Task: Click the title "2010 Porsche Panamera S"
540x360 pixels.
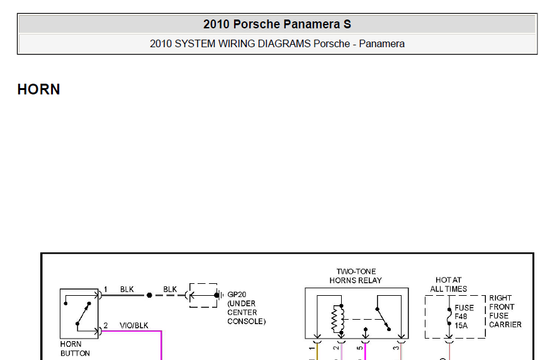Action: pos(277,24)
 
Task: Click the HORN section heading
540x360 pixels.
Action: pos(38,89)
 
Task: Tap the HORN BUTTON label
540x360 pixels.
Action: pos(75,349)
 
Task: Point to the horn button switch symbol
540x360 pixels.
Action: pos(83,313)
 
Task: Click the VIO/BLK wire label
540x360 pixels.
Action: pos(134,325)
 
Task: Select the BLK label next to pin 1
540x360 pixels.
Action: pos(127,290)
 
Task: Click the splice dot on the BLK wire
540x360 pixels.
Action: pos(149,295)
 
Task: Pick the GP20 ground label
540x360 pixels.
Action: pos(237,295)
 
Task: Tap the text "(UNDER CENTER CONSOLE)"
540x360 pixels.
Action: pos(246,312)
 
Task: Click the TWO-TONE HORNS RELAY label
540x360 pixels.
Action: pos(356,276)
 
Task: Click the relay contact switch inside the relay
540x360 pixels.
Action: pos(383,319)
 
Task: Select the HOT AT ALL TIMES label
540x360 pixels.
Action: pos(448,284)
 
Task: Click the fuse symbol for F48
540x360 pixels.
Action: pos(449,317)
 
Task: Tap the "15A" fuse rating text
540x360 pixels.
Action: pos(461,325)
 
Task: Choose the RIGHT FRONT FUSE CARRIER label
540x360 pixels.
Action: pos(505,311)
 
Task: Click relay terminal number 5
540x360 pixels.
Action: pos(359,348)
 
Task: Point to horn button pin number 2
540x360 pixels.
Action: pos(106,325)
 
